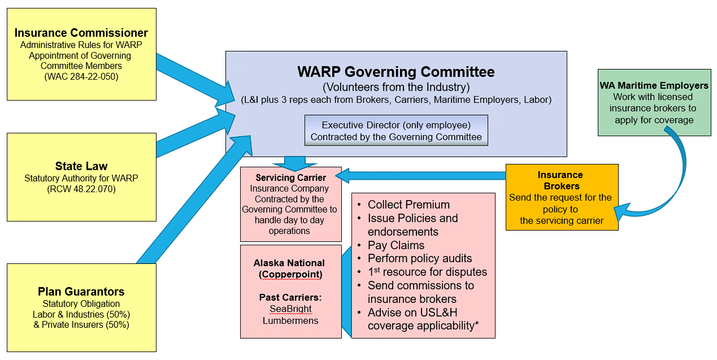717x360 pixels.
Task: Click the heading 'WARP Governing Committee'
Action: (396, 72)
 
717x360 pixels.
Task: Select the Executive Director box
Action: (396, 131)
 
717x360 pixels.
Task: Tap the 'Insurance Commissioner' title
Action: (81, 33)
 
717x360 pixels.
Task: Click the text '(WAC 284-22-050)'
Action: (81, 76)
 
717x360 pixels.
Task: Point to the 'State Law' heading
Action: (81, 166)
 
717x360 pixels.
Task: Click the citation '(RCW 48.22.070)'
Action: (81, 189)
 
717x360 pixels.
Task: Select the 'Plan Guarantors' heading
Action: (81, 292)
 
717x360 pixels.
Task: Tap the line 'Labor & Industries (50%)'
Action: (81, 314)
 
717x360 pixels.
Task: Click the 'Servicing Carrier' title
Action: (291, 177)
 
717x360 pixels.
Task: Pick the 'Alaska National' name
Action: (289, 263)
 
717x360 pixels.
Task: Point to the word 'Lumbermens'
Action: (290, 320)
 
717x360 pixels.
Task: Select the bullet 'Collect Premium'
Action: (409, 205)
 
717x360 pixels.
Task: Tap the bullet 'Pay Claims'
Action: (396, 245)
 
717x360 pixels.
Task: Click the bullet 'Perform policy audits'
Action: (420, 258)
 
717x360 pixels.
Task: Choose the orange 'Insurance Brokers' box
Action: (562, 197)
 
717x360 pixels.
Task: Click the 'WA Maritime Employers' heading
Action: (654, 85)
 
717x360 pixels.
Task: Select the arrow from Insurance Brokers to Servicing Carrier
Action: (424, 176)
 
